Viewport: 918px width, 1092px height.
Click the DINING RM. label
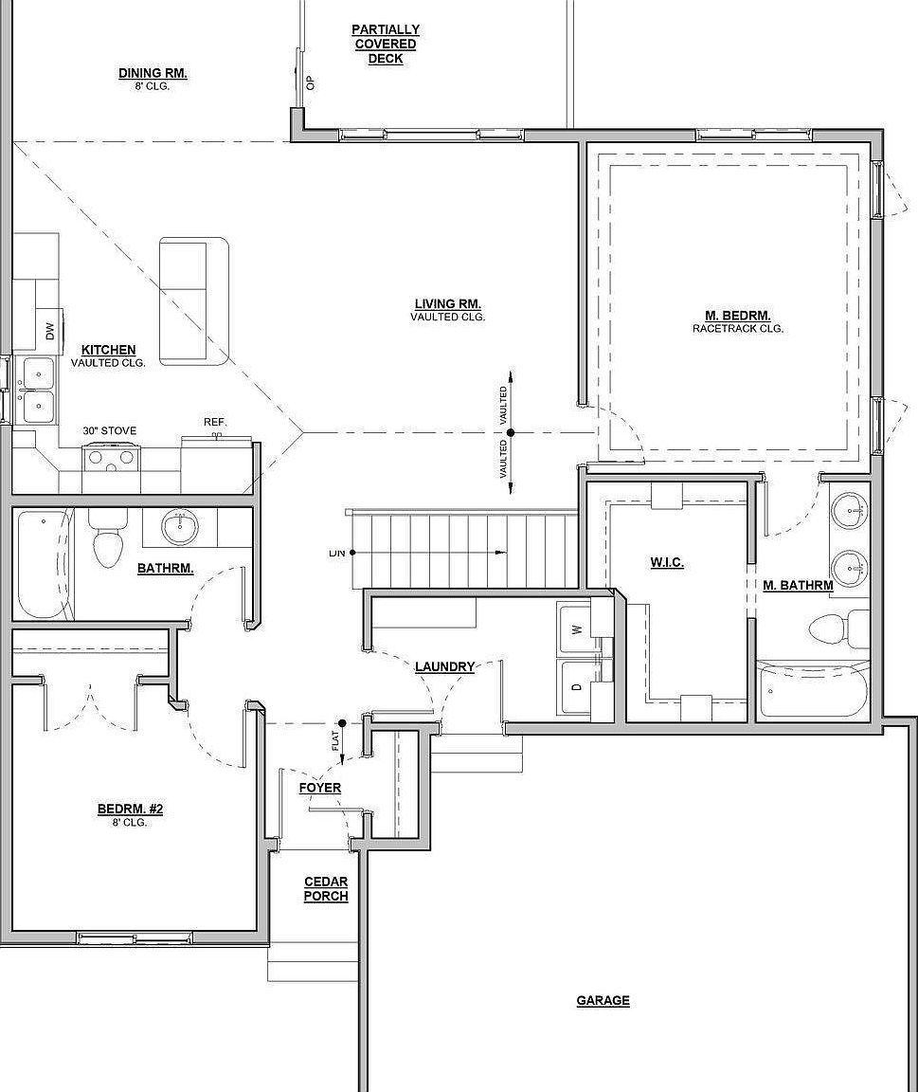click(153, 74)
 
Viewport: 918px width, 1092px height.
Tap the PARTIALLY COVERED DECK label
click(386, 45)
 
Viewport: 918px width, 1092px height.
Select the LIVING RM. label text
click(447, 304)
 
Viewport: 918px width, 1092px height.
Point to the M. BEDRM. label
click(737, 316)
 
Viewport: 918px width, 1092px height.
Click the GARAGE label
click(603, 1000)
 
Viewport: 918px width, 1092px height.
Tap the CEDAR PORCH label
click(326, 889)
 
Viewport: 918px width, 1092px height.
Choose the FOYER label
click(320, 788)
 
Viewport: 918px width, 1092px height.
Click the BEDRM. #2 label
click(131, 809)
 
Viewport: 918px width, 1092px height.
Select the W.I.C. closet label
click(667, 562)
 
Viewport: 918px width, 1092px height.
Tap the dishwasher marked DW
click(48, 331)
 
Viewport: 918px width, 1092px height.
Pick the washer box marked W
click(575, 628)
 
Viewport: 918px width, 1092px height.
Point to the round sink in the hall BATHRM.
click(179, 527)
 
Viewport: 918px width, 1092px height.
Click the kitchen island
click(194, 301)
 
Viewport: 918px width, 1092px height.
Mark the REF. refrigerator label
click(215, 422)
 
